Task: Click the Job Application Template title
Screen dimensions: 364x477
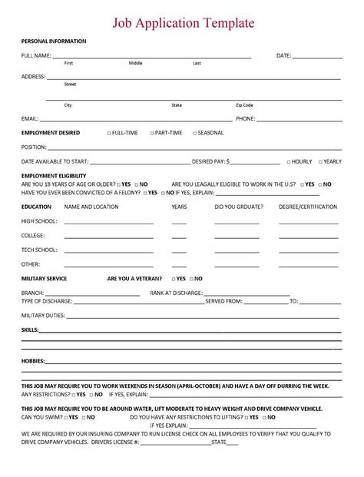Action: click(x=184, y=24)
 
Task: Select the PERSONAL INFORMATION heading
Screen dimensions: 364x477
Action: click(x=54, y=41)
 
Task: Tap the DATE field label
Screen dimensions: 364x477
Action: click(x=284, y=55)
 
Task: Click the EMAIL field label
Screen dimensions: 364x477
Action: click(x=30, y=119)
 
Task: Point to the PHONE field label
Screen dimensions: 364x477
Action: click(x=246, y=119)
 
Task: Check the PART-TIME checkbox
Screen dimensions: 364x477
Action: click(x=153, y=133)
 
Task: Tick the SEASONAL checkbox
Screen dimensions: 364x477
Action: click(x=195, y=133)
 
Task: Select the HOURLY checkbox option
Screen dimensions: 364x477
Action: click(x=289, y=162)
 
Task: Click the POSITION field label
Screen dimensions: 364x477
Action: click(x=35, y=147)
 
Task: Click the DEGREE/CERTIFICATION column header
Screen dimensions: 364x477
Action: click(x=308, y=207)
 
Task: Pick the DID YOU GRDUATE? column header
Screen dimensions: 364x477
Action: click(x=238, y=207)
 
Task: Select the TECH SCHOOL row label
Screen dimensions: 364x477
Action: click(x=39, y=250)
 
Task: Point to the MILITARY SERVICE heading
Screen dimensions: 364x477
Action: click(x=44, y=278)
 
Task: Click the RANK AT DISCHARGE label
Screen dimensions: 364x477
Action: click(x=177, y=293)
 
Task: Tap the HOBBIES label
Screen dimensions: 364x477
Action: click(x=33, y=360)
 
